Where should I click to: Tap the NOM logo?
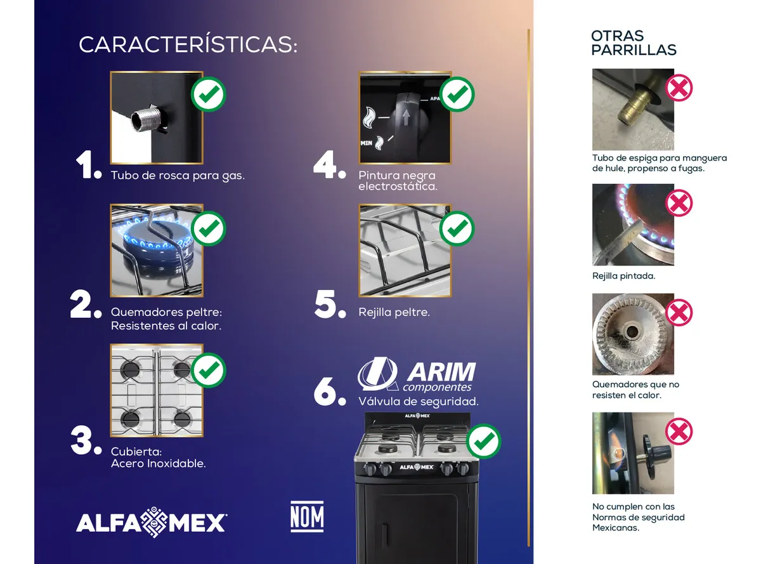click(307, 516)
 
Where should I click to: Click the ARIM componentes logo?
click(417, 374)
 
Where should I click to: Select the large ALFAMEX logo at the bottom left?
click(152, 521)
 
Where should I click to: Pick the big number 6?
click(330, 391)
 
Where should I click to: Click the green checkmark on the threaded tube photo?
click(208, 94)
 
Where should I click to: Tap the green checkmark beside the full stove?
click(483, 441)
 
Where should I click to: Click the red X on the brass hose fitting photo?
click(679, 88)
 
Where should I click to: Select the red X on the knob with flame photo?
click(679, 431)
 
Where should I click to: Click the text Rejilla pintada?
click(623, 275)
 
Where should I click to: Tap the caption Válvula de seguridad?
click(419, 402)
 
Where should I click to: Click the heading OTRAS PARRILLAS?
click(634, 43)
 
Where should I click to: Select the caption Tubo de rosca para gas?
click(178, 176)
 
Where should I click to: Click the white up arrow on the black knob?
click(406, 117)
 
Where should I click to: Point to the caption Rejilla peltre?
click(394, 312)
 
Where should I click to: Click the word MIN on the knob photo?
click(366, 143)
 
